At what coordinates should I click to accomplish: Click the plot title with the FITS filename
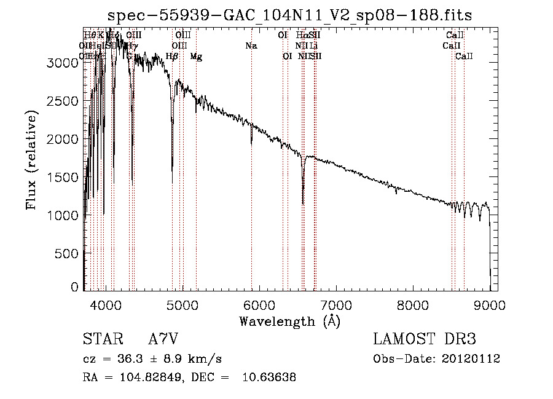tap(289, 15)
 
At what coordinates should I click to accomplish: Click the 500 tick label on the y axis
tap(69, 253)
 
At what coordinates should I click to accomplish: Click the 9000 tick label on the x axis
tap(490, 305)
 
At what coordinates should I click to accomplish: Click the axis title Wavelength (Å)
tap(289, 321)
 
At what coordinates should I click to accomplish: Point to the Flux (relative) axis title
tap(32, 159)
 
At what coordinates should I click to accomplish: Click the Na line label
tap(251, 46)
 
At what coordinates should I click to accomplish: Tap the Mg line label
tap(196, 57)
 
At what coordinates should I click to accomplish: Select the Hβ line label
tap(173, 57)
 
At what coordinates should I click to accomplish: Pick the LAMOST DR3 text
tap(425, 339)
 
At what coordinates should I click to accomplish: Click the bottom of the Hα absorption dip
tap(303, 203)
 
